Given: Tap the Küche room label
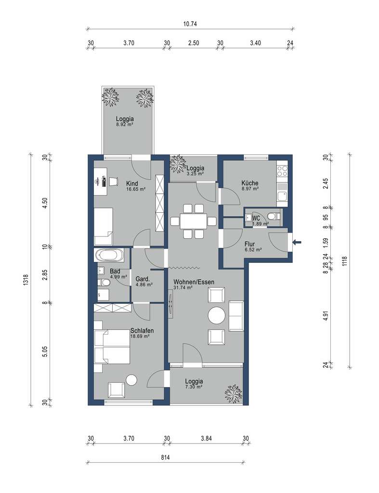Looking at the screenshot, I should point(250,183).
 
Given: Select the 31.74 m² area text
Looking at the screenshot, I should point(183,288).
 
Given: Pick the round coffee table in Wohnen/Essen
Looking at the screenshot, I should point(216,316).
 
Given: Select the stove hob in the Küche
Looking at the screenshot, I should point(281,171).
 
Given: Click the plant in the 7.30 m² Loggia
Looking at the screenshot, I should point(234,393).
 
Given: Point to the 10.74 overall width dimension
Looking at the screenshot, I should point(191,23).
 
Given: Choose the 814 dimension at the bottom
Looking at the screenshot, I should point(167,457).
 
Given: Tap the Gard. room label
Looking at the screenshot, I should point(144,279).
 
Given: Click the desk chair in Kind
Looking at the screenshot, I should point(114,181).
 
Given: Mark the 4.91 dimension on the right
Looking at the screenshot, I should point(326,316).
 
